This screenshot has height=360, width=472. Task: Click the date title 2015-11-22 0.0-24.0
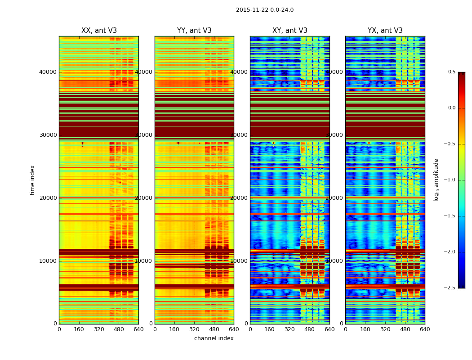pos(265,10)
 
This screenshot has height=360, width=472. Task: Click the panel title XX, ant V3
pos(99,31)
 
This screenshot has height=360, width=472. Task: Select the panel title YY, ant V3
pos(194,31)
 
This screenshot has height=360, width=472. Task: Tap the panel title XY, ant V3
pos(290,31)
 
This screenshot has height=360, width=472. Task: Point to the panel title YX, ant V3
pos(385,31)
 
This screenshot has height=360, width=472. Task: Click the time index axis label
pos(33,180)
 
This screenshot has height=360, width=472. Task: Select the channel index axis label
pos(214,338)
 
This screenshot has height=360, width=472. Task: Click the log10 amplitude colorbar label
pos(436,180)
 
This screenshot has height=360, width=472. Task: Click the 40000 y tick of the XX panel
pos(48,72)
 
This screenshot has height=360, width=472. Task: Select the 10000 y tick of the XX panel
pos(48,261)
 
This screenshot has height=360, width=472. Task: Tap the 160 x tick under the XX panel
pos(79,329)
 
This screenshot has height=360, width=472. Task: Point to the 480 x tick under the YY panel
pos(214,329)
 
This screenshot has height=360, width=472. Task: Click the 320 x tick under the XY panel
pos(290,329)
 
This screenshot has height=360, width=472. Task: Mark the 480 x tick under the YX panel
pos(405,329)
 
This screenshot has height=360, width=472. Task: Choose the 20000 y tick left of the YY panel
pos(144,198)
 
